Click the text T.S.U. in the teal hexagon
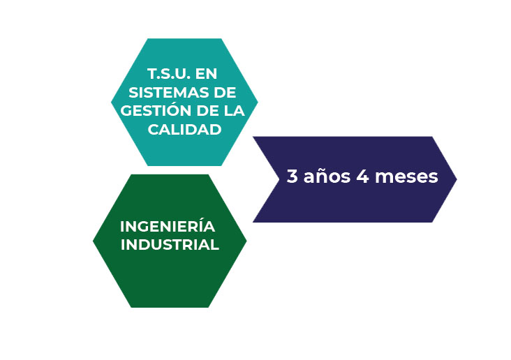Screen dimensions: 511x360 (169, 74)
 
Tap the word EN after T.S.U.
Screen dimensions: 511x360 (207, 74)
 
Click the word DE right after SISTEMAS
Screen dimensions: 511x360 (225, 93)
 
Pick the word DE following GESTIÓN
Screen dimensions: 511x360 (208, 111)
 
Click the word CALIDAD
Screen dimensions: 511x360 (184, 129)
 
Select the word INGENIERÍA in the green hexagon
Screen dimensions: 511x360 (168, 225)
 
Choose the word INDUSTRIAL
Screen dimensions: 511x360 (170, 245)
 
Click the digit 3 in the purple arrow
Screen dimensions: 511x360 (292, 177)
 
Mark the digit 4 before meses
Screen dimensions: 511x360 (362, 177)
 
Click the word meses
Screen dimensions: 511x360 (406, 177)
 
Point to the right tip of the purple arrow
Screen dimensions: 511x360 (457, 179)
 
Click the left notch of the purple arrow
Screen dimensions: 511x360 (279, 179)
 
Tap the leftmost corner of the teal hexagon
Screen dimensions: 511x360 (111, 102)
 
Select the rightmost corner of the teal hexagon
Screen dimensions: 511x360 (258, 102)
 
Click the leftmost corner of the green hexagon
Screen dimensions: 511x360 (93, 241)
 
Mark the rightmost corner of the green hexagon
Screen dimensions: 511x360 (246, 241)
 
